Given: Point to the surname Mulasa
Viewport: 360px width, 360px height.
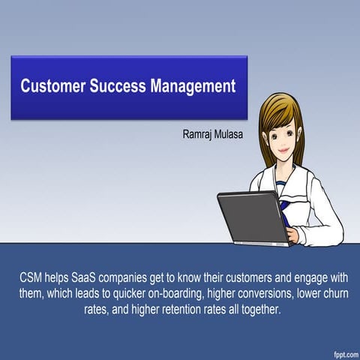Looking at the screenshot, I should tap(236, 135).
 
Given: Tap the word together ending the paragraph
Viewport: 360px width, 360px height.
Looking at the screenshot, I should tap(257, 309).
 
